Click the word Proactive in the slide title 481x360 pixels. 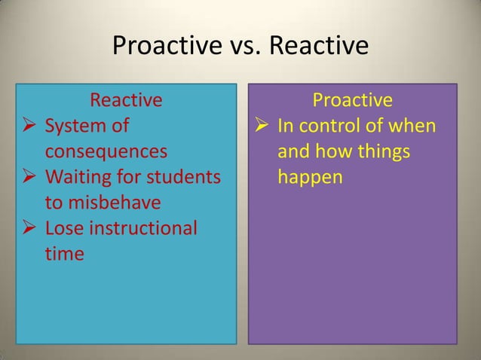click(x=158, y=47)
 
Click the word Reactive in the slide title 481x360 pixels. click(x=319, y=47)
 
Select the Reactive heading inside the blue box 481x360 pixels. click(x=126, y=100)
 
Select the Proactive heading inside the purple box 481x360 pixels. click(x=352, y=100)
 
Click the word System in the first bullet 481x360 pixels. click(x=75, y=126)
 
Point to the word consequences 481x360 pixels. click(x=105, y=151)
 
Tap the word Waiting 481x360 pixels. click(x=78, y=177)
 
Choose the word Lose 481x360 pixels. click(x=63, y=228)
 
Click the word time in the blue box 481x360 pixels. click(x=64, y=254)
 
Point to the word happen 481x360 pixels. click(x=310, y=177)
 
